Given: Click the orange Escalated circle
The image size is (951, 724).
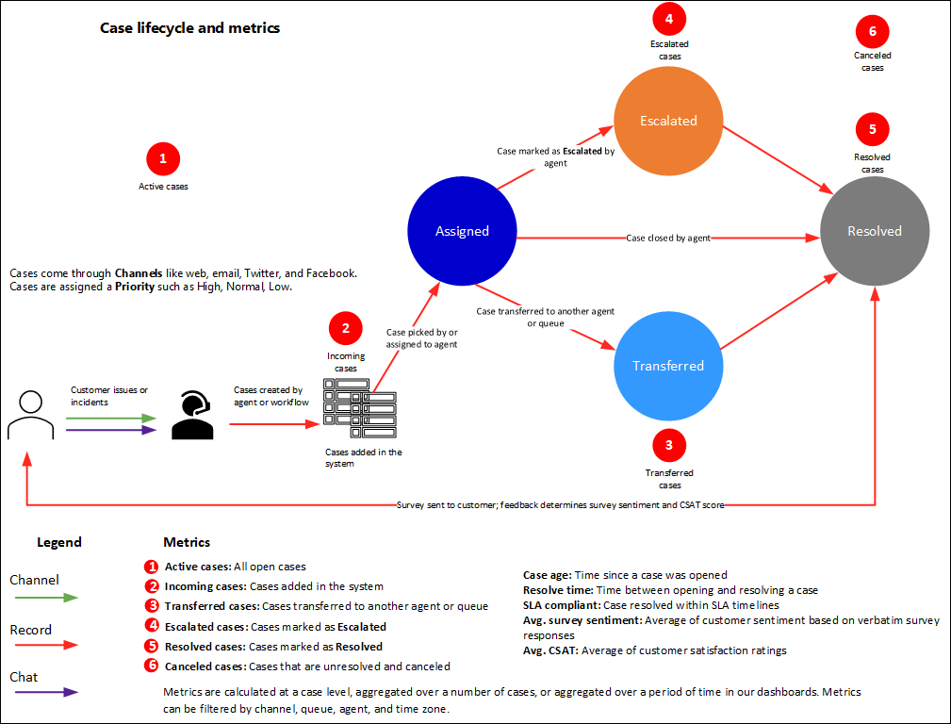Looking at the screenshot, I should [x=668, y=120].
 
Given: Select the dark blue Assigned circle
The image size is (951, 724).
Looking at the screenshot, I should [x=462, y=231].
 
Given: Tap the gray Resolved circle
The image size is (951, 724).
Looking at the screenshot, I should [x=875, y=231].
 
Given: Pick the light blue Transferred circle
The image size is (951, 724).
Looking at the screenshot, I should [x=668, y=366].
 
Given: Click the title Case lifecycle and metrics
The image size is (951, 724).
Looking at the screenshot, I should [x=189, y=28].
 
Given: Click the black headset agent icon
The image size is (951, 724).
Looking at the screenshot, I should [x=192, y=417].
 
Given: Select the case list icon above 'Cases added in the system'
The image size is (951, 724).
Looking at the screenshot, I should [x=358, y=408].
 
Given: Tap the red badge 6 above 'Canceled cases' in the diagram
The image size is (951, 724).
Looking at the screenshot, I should [x=873, y=31].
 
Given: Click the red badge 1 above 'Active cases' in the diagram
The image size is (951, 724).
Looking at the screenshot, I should [x=163, y=159].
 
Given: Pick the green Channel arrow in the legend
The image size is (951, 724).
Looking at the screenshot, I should [x=43, y=598].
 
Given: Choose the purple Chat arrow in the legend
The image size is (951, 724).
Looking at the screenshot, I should [x=43, y=693].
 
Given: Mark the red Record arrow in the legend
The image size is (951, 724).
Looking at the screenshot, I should [x=43, y=647].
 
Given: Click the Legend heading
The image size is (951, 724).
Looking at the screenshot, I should [x=59, y=542].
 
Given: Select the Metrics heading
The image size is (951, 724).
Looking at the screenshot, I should [x=187, y=542].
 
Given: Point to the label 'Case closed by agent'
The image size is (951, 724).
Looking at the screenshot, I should [x=668, y=239].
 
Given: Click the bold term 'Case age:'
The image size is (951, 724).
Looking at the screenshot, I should [x=549, y=575].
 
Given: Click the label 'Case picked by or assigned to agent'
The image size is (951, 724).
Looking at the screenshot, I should [x=421, y=338].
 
